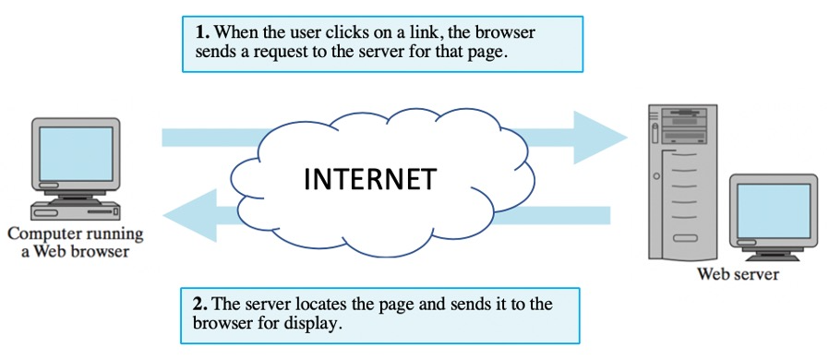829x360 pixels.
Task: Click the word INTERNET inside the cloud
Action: point(369,178)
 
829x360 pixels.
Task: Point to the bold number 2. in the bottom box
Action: point(200,305)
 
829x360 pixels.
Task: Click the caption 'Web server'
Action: point(738,274)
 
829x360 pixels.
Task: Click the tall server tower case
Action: point(682,185)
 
